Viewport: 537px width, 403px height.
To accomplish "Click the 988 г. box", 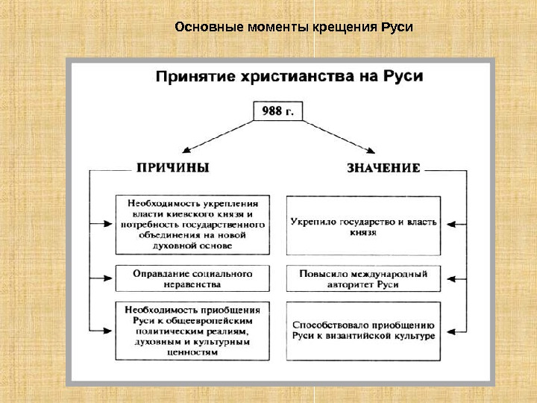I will tap(278, 111).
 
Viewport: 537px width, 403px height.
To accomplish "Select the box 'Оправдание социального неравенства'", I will tap(192, 278).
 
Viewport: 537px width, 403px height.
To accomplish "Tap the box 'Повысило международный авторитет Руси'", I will tap(363, 279).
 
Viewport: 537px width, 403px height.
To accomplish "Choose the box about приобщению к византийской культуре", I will tap(363, 330).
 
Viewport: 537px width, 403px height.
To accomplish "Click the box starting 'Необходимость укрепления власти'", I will tap(192, 223).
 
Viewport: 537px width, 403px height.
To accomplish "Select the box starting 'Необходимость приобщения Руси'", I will tap(192, 330).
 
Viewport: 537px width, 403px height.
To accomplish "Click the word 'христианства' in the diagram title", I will tap(295, 77).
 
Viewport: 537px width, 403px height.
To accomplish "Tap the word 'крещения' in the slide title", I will tap(345, 28).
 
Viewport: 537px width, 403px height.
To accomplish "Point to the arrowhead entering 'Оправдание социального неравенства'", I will tap(110, 278).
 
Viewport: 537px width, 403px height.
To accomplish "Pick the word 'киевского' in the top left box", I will tap(195, 213).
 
